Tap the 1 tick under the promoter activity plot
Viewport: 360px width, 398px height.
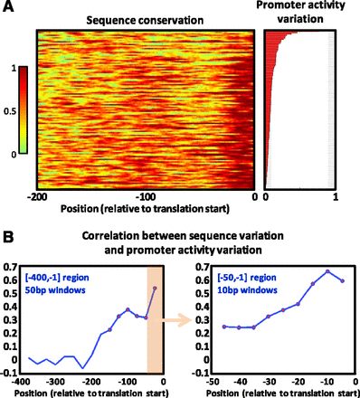[336, 196]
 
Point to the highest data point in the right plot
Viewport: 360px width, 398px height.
[327, 271]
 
